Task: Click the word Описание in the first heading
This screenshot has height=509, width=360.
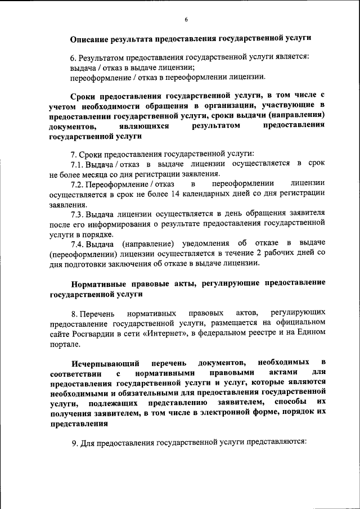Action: (90, 38)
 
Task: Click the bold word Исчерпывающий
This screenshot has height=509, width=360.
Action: (102, 362)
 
